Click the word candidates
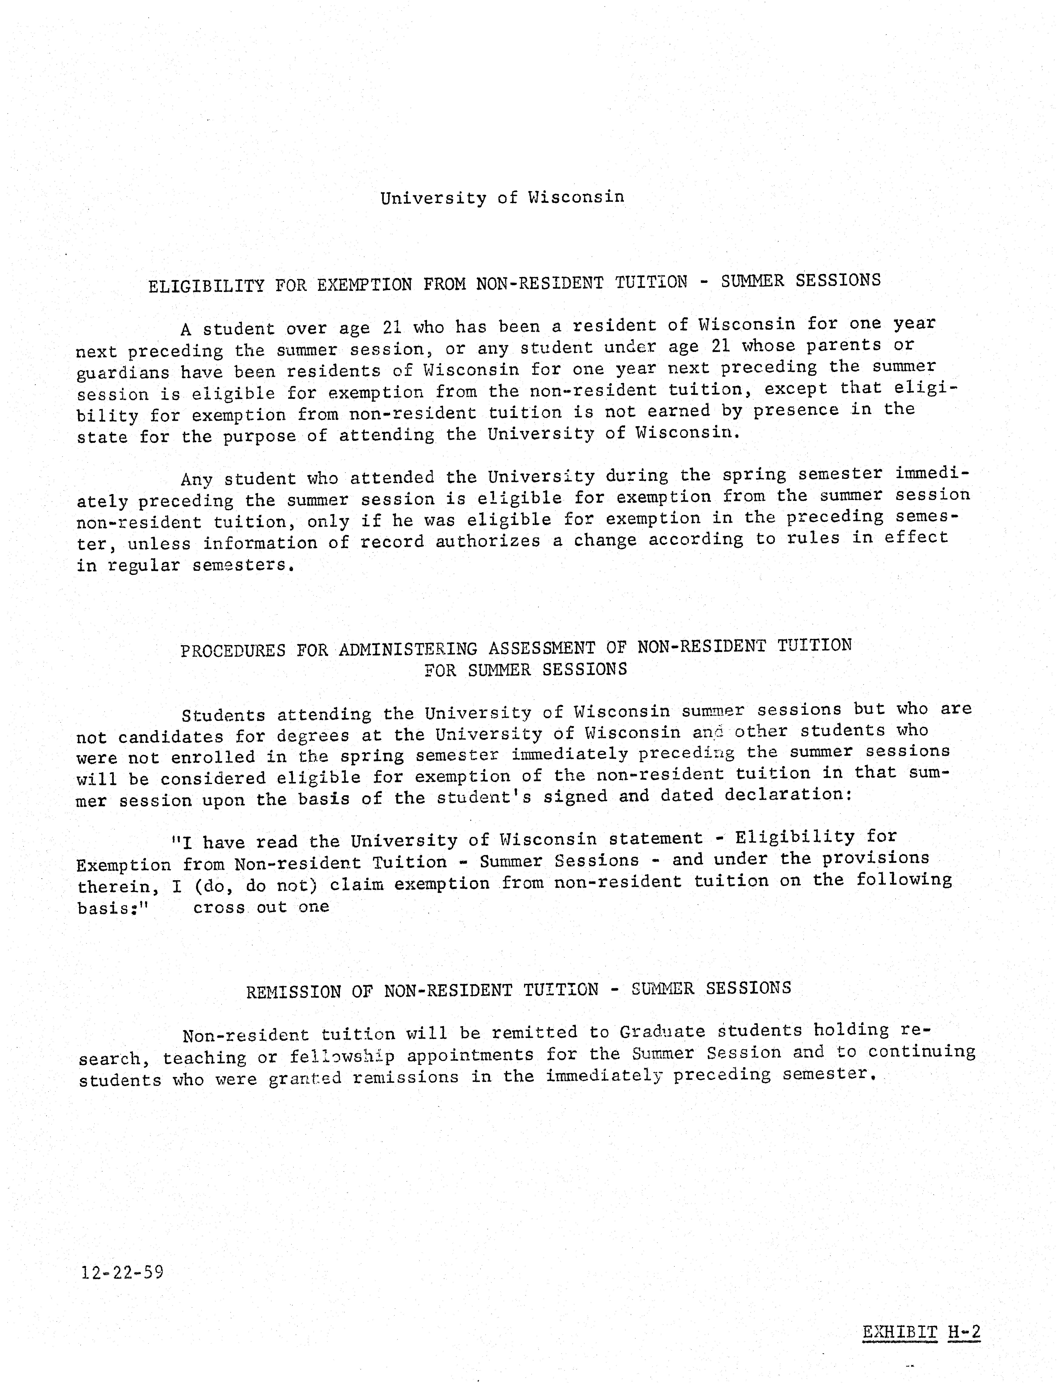171,737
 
